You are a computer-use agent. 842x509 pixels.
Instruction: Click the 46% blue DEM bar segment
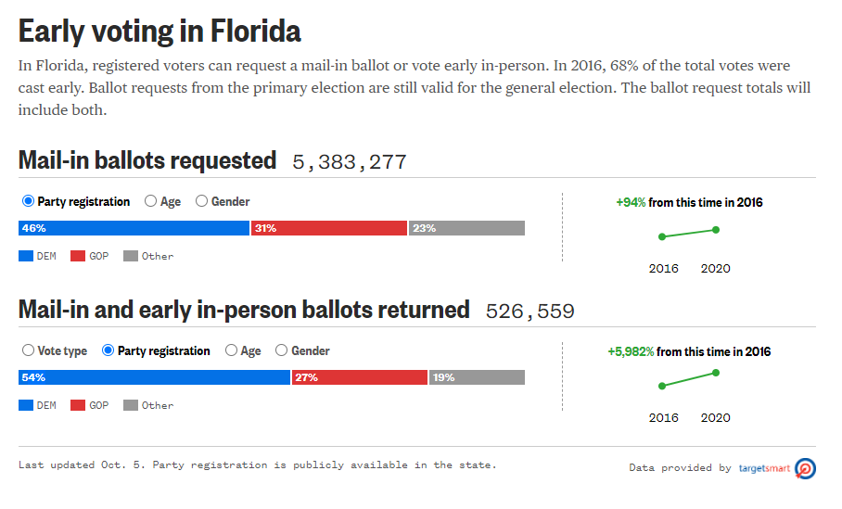pos(134,228)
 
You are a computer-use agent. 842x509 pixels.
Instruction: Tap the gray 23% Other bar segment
pos(466,228)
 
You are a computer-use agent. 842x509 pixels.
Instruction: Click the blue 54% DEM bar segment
pos(154,377)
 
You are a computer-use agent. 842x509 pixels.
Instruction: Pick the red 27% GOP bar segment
pos(360,377)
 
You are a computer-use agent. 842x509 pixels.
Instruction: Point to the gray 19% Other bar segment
pos(477,377)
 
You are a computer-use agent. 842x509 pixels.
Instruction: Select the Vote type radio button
pos(29,351)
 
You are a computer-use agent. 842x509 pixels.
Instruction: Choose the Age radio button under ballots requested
pos(151,201)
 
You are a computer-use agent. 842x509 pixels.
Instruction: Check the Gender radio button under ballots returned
pos(282,351)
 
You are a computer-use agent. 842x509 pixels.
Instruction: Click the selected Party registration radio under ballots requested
pos(28,201)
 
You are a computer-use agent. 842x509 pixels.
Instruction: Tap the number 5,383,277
pos(350,162)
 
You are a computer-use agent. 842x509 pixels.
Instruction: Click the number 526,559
pos(529,312)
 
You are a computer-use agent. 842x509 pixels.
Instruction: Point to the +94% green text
pos(631,202)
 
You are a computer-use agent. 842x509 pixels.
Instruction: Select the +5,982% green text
pos(631,352)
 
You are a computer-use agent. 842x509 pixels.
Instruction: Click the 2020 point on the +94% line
pos(716,229)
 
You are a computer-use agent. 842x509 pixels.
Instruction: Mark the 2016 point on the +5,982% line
pos(662,386)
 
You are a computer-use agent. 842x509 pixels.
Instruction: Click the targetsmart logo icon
pos(805,468)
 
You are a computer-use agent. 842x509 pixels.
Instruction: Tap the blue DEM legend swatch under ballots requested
pos(26,256)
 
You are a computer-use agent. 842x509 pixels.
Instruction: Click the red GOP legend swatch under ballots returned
pos(78,405)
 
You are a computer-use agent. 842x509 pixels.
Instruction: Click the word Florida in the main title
pos(249,32)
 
